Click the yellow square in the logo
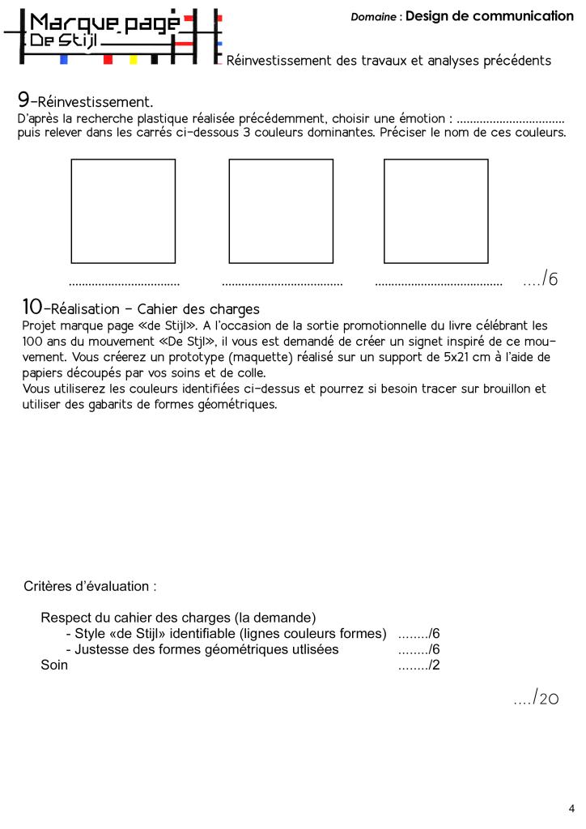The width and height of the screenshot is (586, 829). click(134, 59)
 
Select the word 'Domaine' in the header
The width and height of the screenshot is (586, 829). click(374, 17)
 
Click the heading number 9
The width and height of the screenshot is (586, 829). click(23, 100)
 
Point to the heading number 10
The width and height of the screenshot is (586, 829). click(32, 308)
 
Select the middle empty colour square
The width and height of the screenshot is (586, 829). click(281, 210)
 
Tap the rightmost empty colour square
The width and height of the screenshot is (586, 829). click(435, 210)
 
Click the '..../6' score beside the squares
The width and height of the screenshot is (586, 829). click(541, 279)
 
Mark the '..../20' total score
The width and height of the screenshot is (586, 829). click(536, 698)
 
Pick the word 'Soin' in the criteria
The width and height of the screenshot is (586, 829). click(54, 665)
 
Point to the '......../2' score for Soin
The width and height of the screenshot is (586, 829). click(418, 665)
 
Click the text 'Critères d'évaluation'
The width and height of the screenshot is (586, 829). click(90, 586)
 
